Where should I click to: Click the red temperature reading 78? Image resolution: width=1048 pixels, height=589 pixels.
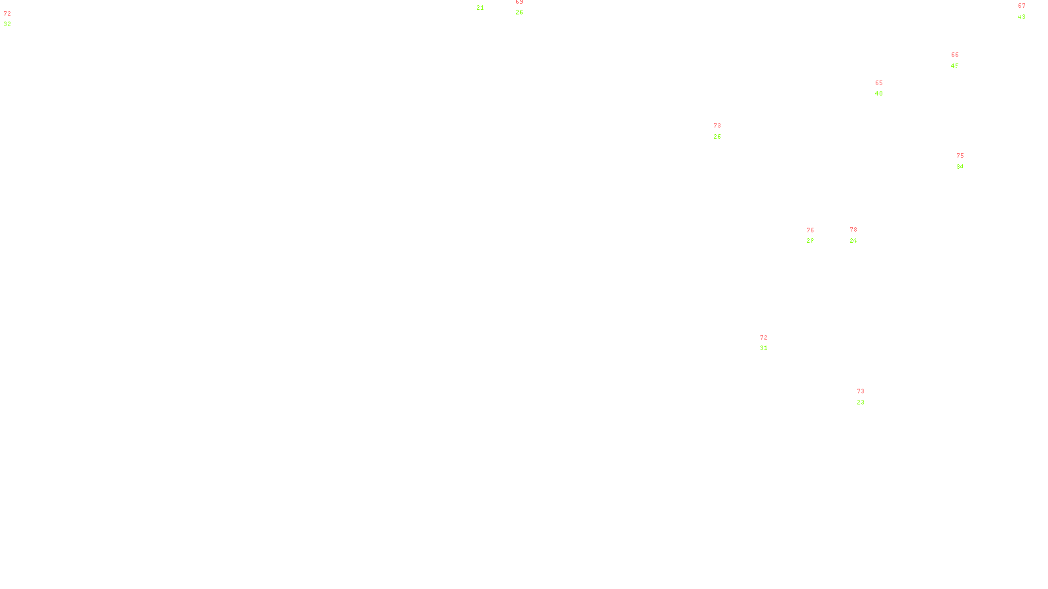[x=853, y=230]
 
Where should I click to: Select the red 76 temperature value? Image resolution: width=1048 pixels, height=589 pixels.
[x=810, y=230]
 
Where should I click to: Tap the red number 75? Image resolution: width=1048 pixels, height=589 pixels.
[x=960, y=156]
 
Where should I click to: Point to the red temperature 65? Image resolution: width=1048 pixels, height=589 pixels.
[x=879, y=83]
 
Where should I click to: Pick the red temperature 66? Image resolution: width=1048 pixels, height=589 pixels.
[x=955, y=55]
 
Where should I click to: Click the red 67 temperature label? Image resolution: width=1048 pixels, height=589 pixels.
[x=1022, y=6]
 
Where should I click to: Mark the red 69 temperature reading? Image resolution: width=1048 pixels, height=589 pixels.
[x=519, y=2]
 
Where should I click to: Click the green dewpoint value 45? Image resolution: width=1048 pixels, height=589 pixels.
[x=955, y=66]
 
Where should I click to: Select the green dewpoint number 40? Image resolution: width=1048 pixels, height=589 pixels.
[x=879, y=94]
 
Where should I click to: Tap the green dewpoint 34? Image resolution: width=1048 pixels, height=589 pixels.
[x=960, y=167]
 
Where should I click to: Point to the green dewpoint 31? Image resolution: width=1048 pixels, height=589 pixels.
[x=764, y=348]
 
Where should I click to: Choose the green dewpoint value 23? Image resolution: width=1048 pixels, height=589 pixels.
[x=861, y=402]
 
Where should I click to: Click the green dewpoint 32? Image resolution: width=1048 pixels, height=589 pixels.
[x=7, y=24]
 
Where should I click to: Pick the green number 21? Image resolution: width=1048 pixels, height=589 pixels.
[x=480, y=8]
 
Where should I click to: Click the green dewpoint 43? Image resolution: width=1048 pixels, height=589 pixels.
[x=1022, y=17]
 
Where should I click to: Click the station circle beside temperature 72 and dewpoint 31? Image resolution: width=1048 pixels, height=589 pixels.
[x=771, y=343]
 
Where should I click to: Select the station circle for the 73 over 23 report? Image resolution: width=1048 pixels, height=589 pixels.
[x=868, y=397]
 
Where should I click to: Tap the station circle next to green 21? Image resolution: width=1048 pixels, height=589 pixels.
[x=487, y=3]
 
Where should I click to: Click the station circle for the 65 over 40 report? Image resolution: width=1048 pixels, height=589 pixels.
[x=886, y=88]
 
